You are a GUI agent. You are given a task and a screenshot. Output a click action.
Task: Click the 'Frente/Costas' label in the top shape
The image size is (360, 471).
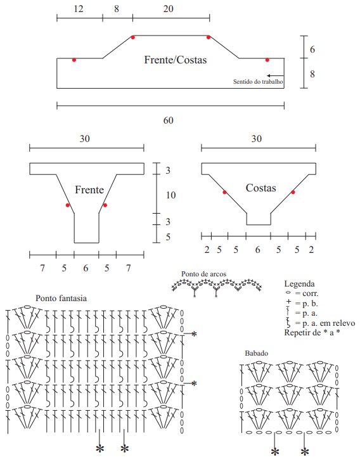pos(176,60)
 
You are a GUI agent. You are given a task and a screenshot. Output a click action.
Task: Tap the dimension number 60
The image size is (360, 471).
pos(168,120)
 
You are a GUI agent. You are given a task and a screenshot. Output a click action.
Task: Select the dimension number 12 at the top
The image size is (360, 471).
pos(79,9)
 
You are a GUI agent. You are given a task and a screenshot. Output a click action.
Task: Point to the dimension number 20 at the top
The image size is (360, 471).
pos(168,9)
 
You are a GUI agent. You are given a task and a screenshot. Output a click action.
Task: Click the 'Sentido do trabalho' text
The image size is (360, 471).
pos(258,81)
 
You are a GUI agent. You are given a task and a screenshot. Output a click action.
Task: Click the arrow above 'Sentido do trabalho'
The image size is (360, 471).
pos(275,75)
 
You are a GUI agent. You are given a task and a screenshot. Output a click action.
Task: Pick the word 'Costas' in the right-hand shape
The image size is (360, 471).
pos(260,188)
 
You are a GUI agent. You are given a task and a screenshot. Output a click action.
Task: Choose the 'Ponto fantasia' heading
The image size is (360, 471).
pos(61,299)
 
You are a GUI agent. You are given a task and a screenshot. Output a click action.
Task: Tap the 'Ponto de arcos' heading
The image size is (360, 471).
pos(203,274)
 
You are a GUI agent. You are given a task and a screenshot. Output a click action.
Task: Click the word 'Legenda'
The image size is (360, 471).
pos(299,284)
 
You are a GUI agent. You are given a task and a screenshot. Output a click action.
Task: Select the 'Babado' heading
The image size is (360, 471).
pos(257,353)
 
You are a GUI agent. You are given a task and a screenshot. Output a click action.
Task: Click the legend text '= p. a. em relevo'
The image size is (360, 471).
pos(325,323)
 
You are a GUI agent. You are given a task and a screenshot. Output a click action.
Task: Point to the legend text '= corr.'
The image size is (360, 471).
pos(307,294)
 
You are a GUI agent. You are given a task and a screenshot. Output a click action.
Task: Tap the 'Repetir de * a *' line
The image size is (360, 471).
pos(312,333)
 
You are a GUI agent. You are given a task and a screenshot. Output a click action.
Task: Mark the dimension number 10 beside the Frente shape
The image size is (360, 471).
pos(170,195)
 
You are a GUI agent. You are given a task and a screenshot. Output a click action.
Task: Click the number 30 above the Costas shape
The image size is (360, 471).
pos(257,139)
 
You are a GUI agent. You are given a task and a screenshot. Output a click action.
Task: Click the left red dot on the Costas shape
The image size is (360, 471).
pos(224,192)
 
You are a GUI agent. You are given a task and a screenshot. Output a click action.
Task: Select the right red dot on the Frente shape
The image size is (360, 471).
pos(105,205)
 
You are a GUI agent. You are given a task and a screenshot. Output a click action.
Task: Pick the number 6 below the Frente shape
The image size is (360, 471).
pos(86,268)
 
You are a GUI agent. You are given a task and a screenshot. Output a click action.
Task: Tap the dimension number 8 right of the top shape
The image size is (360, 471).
pos(312,74)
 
